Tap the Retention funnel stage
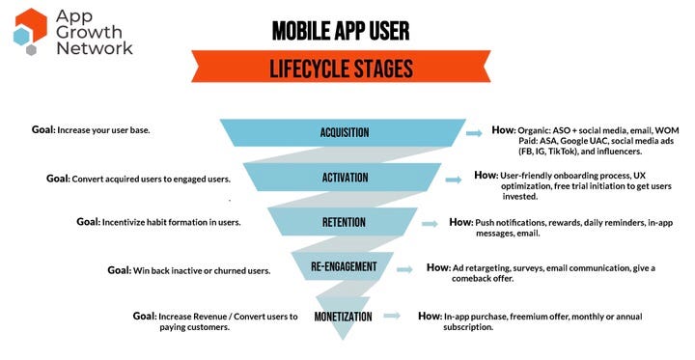344,223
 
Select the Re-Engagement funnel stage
344,266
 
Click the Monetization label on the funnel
344,316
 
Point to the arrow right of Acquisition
473,133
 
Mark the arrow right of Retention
431,223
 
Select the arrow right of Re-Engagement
409,267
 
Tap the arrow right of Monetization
390,316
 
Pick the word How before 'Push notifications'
460,222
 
